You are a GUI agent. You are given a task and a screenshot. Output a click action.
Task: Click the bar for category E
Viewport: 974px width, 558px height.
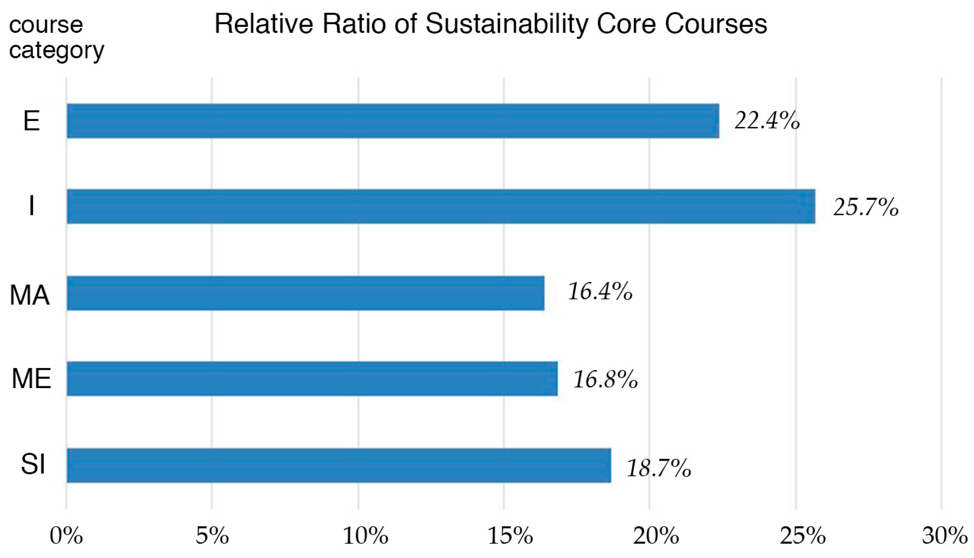[x=393, y=121]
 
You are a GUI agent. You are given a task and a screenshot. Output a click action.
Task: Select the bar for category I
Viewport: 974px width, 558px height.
[x=441, y=206]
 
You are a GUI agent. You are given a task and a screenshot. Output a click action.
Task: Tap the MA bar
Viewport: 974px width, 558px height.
[x=305, y=293]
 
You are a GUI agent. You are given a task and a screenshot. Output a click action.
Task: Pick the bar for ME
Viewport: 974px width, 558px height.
[x=312, y=379]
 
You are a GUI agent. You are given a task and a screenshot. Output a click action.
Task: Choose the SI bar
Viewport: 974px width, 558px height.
[x=339, y=465]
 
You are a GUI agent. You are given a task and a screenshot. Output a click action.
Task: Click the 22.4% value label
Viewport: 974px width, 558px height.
[x=767, y=121]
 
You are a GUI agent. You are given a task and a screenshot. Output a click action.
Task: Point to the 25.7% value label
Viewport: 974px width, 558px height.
[x=866, y=207]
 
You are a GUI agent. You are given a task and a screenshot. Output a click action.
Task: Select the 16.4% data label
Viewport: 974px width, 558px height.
[x=600, y=292]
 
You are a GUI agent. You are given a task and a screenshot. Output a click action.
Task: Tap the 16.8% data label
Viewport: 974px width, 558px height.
[x=605, y=380]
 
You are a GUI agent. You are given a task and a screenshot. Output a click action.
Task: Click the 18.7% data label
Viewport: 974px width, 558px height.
[x=659, y=468]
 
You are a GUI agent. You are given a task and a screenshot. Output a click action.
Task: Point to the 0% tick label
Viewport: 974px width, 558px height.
[x=66, y=536]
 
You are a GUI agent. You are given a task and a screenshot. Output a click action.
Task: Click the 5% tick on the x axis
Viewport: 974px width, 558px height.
[x=212, y=536]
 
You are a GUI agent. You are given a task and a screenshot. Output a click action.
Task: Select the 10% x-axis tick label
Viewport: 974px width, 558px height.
[x=365, y=536]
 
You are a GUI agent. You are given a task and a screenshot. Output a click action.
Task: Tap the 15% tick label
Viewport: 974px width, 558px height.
[x=510, y=536]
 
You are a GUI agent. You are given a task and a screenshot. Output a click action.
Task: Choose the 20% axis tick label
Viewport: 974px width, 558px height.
[x=656, y=536]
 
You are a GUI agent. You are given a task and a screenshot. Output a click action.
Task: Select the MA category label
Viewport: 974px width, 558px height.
[x=29, y=295]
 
